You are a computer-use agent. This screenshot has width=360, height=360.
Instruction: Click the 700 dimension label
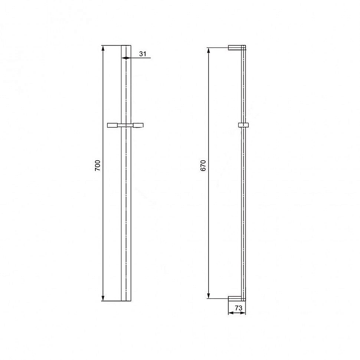coord(98,165)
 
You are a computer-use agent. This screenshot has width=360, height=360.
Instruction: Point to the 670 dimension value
coord(203,165)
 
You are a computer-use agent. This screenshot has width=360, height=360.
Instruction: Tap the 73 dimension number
coord(239,308)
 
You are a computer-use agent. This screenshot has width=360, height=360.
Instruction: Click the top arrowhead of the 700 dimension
coord(103,48)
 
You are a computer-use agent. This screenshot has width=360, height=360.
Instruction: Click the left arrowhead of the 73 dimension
coord(230,313)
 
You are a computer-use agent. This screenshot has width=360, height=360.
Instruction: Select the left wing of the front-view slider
coord(113,125)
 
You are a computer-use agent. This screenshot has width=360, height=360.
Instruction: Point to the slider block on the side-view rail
coord(243,125)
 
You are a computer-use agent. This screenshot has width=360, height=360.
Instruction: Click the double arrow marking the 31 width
coord(126,58)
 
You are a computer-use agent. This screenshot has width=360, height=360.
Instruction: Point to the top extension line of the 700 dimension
coord(111,45)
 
